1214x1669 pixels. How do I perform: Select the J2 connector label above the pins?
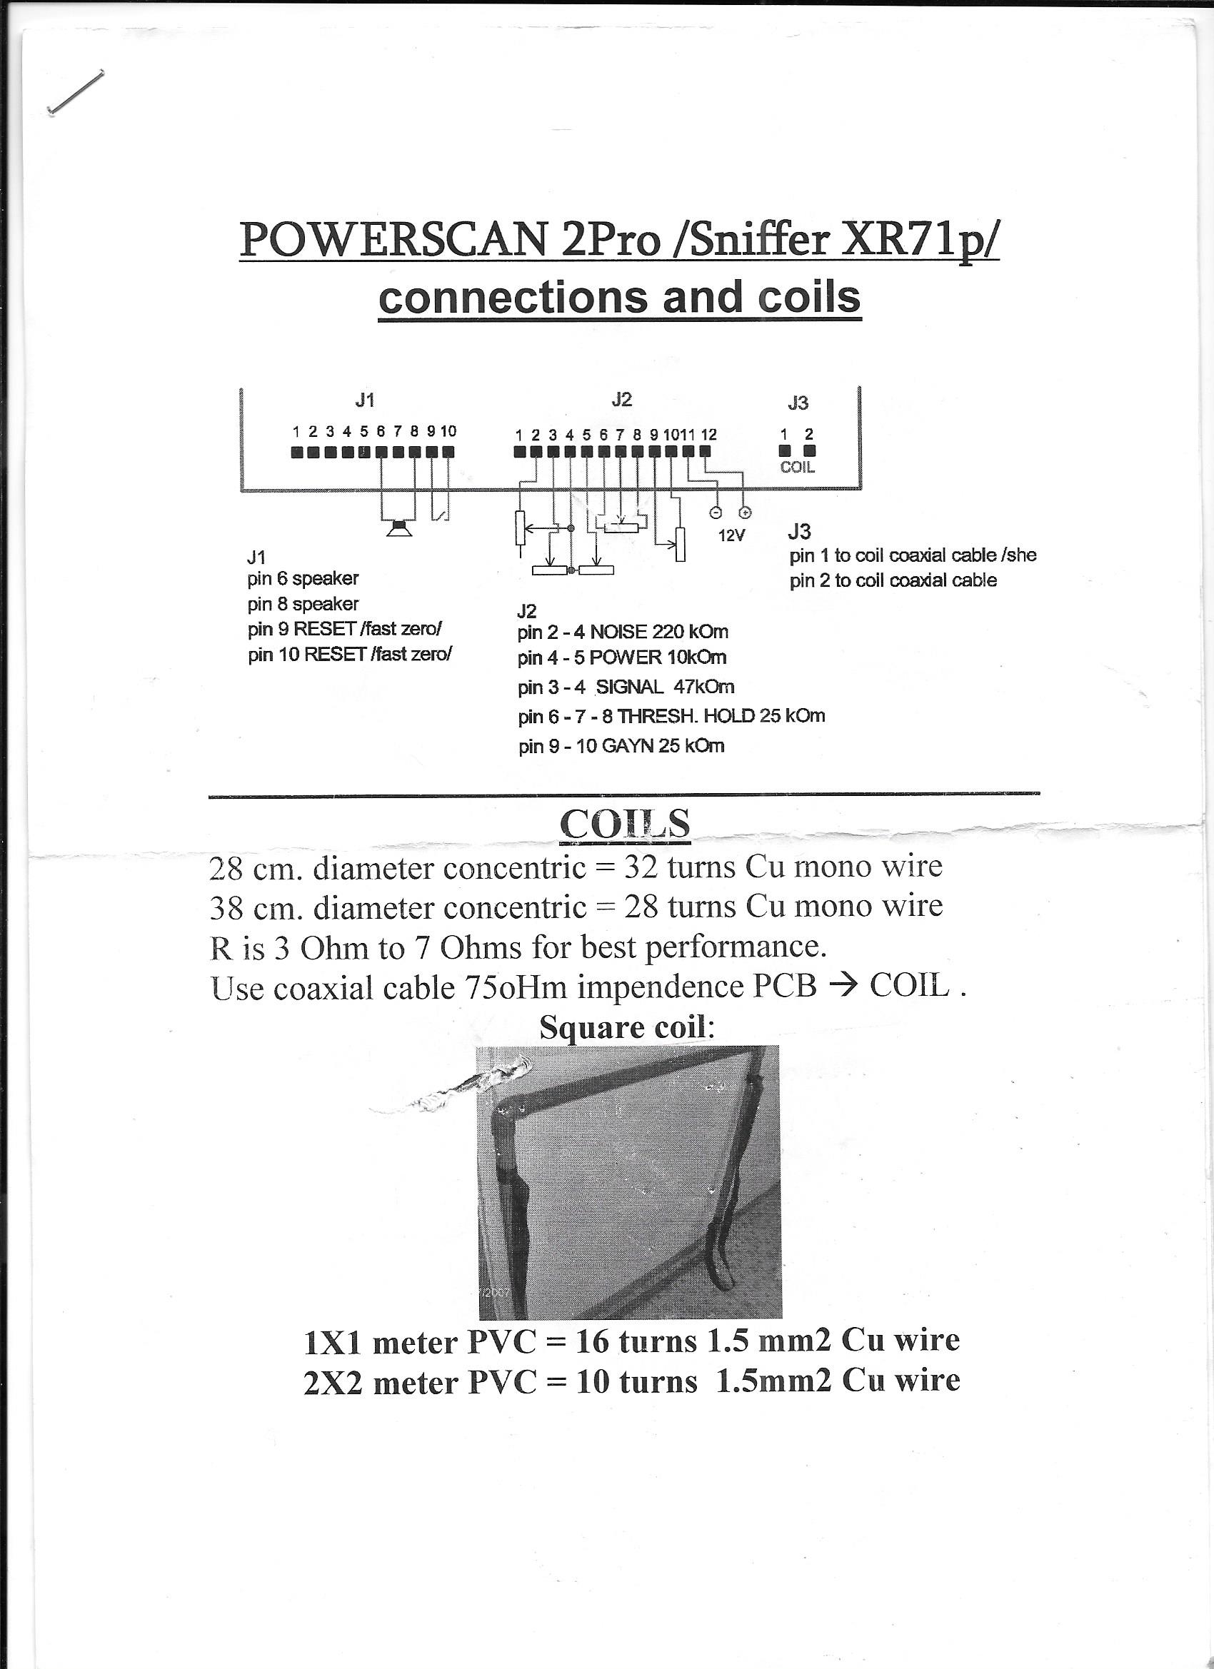pyautogui.click(x=621, y=399)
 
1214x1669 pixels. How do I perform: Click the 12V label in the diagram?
pyautogui.click(x=731, y=535)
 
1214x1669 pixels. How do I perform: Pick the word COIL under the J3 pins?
pyautogui.click(x=797, y=468)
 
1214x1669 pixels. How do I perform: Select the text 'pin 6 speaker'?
pyautogui.click(x=303, y=578)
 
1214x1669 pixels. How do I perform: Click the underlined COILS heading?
pyautogui.click(x=624, y=825)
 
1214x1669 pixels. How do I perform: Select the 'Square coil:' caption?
pyautogui.click(x=626, y=1027)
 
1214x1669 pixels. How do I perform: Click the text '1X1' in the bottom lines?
pyautogui.click(x=332, y=1342)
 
